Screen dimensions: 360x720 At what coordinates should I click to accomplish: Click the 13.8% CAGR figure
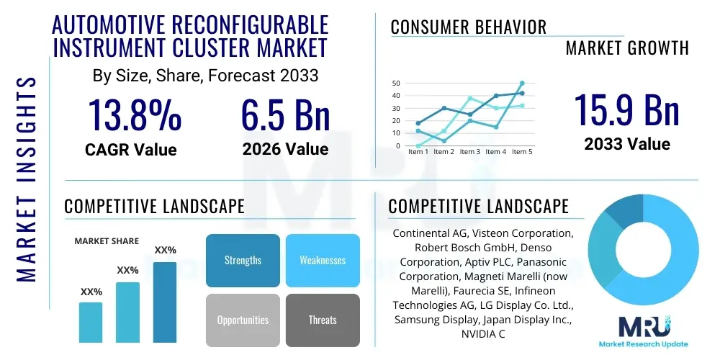135,115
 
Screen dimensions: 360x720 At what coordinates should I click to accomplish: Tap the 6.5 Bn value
285,115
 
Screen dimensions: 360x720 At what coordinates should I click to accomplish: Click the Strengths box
243,260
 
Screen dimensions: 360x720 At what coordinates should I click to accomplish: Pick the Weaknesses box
322,260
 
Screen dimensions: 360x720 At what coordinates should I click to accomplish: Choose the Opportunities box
243,320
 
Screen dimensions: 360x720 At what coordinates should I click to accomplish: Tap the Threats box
322,320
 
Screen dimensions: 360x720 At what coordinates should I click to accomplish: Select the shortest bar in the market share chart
91,322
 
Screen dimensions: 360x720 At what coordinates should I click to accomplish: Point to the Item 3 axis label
470,152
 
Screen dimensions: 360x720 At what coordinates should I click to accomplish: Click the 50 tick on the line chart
395,84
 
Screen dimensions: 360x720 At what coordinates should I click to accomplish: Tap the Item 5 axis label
521,152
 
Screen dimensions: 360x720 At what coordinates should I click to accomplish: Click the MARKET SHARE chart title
107,241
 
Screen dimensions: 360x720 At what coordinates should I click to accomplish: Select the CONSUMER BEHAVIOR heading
468,27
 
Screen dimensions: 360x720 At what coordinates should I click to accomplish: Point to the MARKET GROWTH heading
626,48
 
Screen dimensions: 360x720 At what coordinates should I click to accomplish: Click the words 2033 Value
626,144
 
